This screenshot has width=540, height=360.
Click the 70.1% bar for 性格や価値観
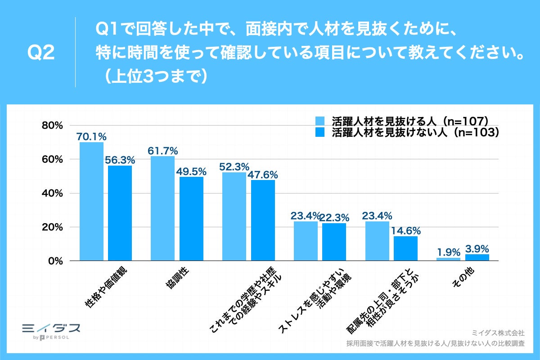pyautogui.click(x=91, y=201)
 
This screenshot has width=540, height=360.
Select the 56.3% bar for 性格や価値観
pyautogui.click(x=120, y=213)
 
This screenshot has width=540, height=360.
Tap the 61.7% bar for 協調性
pyautogui.click(x=162, y=208)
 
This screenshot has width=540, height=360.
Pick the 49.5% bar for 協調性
pyautogui.click(x=191, y=219)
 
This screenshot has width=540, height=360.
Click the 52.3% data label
pyautogui.click(x=234, y=166)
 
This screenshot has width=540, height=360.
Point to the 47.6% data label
pyautogui.click(x=263, y=175)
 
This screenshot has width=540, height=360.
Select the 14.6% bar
pyautogui.click(x=405, y=248)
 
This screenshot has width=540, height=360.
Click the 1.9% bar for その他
pyautogui.click(x=448, y=259)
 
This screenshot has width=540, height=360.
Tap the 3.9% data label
pyautogui.click(x=477, y=248)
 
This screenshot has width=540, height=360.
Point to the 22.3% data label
pyautogui.click(x=334, y=218)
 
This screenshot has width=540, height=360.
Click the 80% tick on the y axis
pyautogui.click(x=53, y=126)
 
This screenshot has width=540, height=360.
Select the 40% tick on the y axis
pyautogui.click(x=53, y=193)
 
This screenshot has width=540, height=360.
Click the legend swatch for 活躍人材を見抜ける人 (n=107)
pyautogui.click(x=319, y=121)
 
